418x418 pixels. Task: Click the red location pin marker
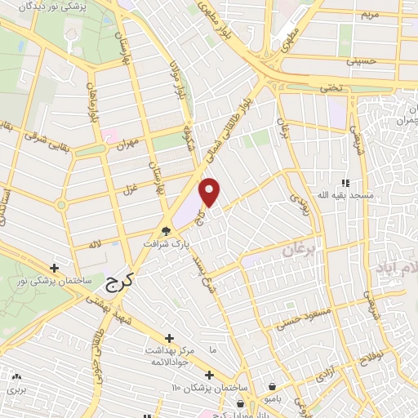(211, 192)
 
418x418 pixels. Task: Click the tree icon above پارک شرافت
(167, 231)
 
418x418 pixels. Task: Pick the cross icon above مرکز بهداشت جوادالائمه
(169, 338)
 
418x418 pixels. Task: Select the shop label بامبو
(271, 398)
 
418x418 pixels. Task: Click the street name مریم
(371, 13)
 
